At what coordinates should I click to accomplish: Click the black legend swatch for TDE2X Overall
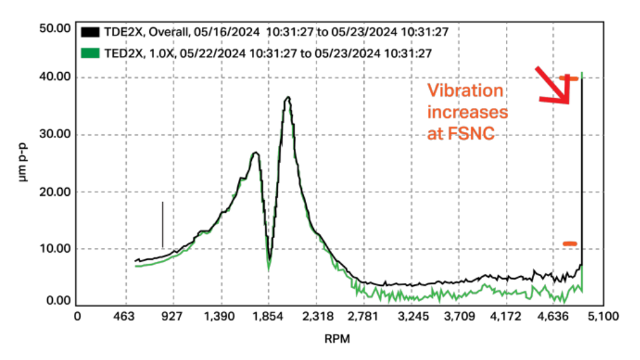[x=90, y=32]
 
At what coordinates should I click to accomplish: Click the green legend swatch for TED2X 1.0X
[x=90, y=53]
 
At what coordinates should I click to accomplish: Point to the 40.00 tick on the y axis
[x=55, y=77]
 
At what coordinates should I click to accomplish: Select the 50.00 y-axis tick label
[x=55, y=29]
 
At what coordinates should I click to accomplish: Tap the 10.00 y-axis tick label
[x=55, y=249]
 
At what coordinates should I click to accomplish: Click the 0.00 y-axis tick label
[x=58, y=301]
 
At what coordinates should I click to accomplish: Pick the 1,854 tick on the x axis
[x=269, y=316]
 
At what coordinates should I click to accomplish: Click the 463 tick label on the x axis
[x=126, y=316]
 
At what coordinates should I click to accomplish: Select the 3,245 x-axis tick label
[x=412, y=316]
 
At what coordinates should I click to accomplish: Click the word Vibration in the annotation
[x=465, y=91]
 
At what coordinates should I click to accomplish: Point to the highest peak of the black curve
[x=287, y=97]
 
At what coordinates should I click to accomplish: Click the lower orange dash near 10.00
[x=569, y=243]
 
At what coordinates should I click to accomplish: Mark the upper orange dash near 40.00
[x=568, y=78]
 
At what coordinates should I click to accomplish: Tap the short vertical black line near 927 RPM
[x=162, y=225]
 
